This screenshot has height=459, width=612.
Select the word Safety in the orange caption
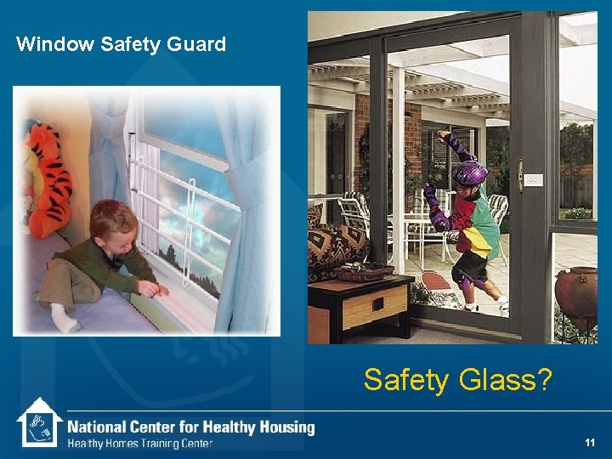click(x=406, y=379)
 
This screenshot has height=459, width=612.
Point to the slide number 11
click(x=590, y=443)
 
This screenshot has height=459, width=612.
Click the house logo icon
click(x=39, y=423)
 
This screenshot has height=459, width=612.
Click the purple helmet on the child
click(x=470, y=173)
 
